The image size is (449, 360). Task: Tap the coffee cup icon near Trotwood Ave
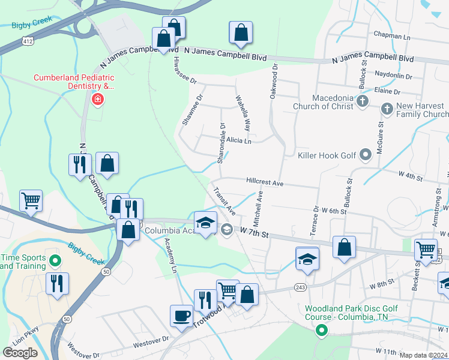click(181, 314)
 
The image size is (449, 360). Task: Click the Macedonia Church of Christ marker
click(362, 103)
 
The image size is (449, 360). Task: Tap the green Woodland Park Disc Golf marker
click(322, 329)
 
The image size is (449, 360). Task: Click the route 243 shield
click(301, 288)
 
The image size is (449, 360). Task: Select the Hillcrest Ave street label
click(264, 181)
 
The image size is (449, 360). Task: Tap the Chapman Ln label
click(391, 35)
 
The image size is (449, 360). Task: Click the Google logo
click(20, 352)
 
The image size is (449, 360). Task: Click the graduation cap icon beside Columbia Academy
click(205, 222)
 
